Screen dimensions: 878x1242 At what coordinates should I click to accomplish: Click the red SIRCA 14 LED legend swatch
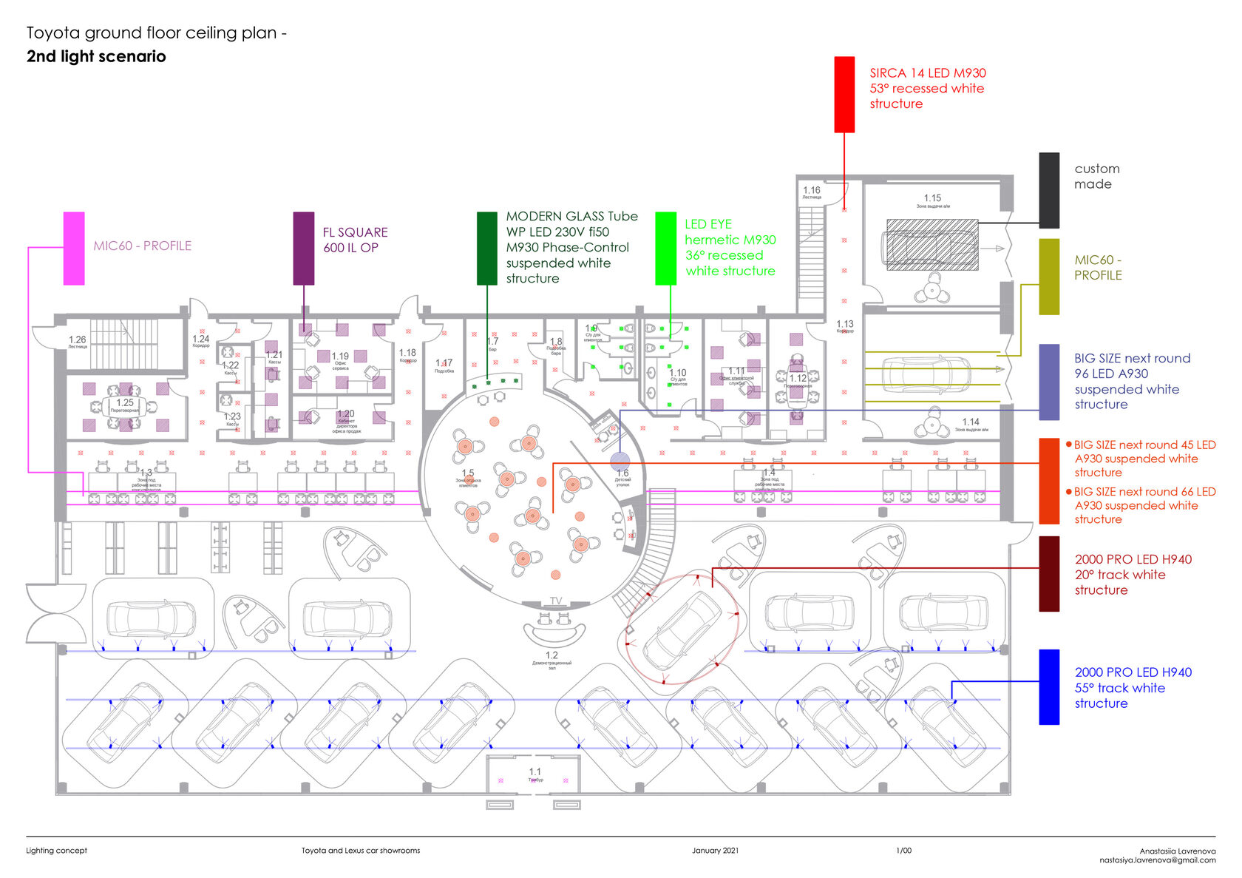pyautogui.click(x=844, y=95)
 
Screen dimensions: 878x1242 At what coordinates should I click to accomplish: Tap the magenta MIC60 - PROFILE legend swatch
pyautogui.click(x=74, y=248)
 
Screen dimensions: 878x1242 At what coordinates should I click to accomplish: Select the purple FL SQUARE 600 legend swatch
pyautogui.click(x=303, y=248)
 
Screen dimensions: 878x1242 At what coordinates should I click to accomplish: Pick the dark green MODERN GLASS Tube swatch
pyautogui.click(x=486, y=248)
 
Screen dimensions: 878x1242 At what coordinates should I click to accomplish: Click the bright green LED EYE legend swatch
pyautogui.click(x=665, y=248)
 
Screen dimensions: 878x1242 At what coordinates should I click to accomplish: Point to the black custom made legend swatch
pyautogui.click(x=1048, y=190)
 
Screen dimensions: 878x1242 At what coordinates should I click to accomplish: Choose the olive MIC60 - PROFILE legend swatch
pyautogui.click(x=1048, y=276)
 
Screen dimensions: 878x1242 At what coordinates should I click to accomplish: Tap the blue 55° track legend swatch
pyautogui.click(x=1048, y=686)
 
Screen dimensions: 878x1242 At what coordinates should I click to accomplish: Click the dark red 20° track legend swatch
pyautogui.click(x=1048, y=573)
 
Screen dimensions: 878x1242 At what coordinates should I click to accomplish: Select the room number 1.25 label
pyautogui.click(x=125, y=403)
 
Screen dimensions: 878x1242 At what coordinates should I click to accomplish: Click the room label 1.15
pyautogui.click(x=932, y=198)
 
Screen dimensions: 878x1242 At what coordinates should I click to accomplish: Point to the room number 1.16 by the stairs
pyautogui.click(x=811, y=190)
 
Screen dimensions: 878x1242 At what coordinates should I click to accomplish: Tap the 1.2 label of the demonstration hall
pyautogui.click(x=552, y=655)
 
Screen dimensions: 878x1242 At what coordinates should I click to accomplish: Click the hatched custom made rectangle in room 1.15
pyautogui.click(x=932, y=244)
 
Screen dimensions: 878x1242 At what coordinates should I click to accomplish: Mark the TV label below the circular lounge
pyautogui.click(x=556, y=601)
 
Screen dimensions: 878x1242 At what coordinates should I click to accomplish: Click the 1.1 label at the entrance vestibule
pyautogui.click(x=535, y=771)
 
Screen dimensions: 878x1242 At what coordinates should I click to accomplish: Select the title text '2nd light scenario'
pyautogui.click(x=96, y=56)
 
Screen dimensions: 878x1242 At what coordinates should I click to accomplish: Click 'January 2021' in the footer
pyautogui.click(x=715, y=850)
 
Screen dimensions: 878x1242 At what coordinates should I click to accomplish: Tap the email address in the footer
pyautogui.click(x=1157, y=860)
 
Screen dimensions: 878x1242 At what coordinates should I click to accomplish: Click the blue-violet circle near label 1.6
pyautogui.click(x=620, y=461)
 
